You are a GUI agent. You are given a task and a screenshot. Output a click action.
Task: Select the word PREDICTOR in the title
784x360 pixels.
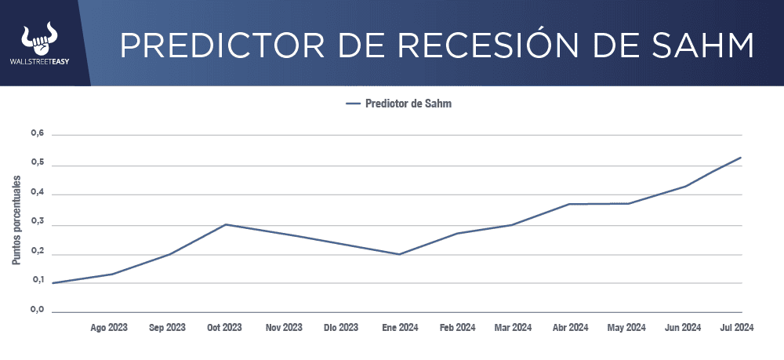click(217, 45)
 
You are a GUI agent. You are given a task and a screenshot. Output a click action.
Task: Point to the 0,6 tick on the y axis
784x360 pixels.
click(37, 134)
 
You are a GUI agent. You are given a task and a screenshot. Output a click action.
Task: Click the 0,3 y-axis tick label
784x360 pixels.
click(37, 224)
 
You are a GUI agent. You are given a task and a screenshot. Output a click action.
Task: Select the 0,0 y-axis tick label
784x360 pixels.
click(37, 311)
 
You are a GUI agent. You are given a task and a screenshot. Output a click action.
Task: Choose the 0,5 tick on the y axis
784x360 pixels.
click(37, 165)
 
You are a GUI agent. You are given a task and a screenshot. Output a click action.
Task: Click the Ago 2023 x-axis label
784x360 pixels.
click(109, 328)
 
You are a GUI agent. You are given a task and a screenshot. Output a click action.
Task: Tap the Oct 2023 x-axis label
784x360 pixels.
click(224, 328)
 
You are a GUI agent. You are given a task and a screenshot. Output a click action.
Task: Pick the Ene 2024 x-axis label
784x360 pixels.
click(400, 328)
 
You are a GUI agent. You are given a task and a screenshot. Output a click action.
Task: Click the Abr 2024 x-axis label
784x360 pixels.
click(570, 328)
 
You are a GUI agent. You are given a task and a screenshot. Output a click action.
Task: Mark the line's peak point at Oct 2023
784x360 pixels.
click(226, 224)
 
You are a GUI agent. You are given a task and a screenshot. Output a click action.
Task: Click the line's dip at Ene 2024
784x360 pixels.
click(400, 254)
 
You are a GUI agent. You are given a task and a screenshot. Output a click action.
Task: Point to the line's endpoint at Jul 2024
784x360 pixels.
click(741, 158)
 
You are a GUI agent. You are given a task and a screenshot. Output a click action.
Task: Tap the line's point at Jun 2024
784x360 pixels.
click(687, 186)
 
